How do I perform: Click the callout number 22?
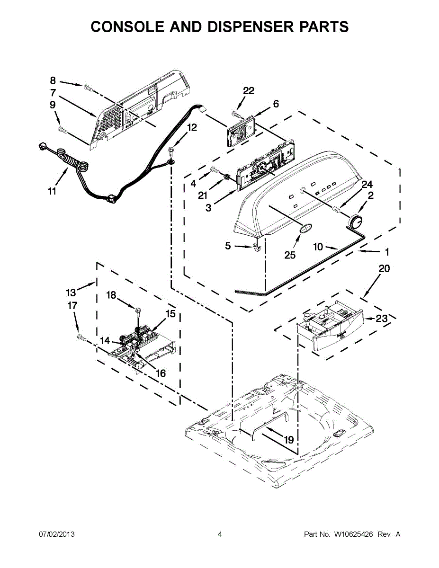pyautogui.click(x=249, y=91)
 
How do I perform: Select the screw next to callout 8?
pyautogui.click(x=87, y=87)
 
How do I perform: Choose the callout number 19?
pyautogui.click(x=288, y=440)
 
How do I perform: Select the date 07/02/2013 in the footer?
pyautogui.click(x=56, y=534)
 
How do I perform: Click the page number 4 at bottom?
pyautogui.click(x=219, y=534)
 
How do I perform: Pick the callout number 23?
pyautogui.click(x=382, y=319)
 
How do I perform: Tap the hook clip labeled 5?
pyautogui.click(x=257, y=247)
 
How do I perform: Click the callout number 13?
pyautogui.click(x=71, y=292)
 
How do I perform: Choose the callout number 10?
pyautogui.click(x=318, y=247)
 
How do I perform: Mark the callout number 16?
pyautogui.click(x=161, y=373)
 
